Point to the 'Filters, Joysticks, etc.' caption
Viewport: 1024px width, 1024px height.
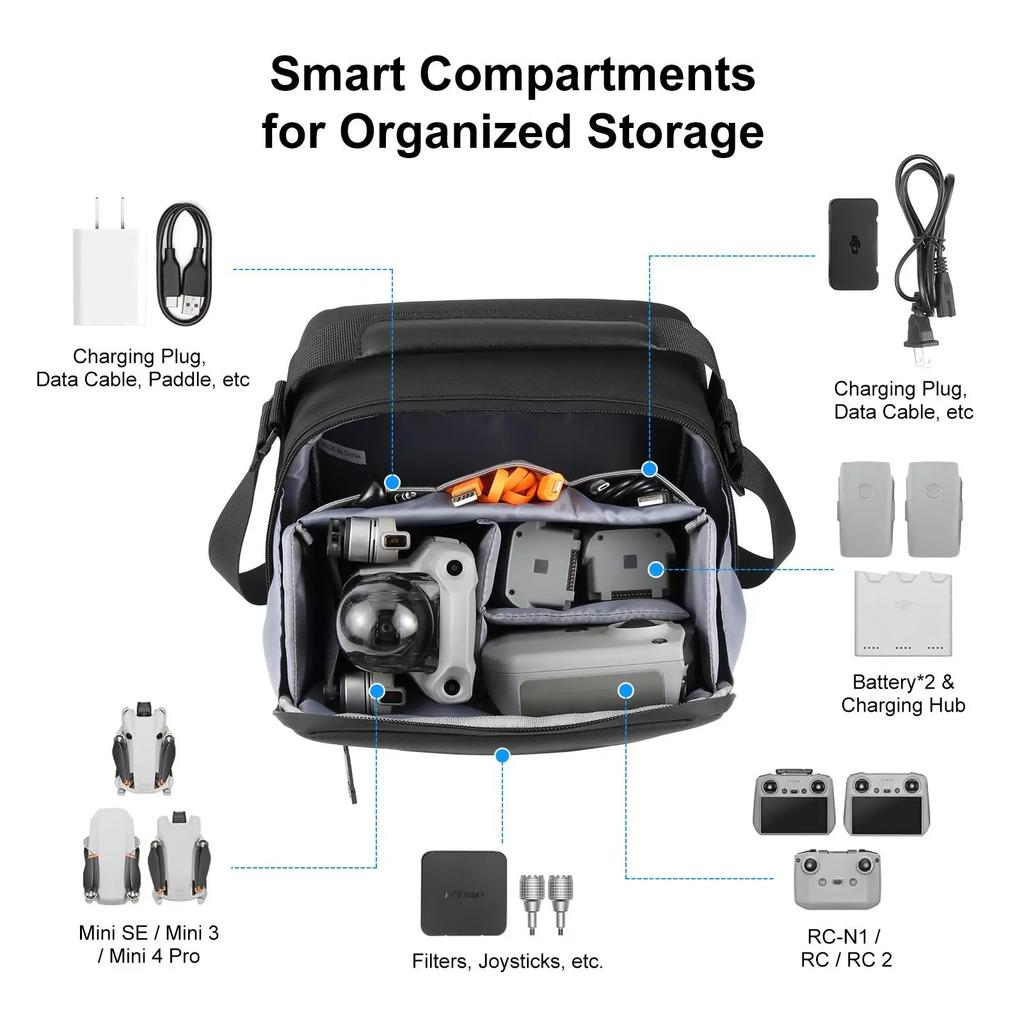pyautogui.click(x=508, y=961)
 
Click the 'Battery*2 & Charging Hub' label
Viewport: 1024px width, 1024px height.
pyautogui.click(x=903, y=693)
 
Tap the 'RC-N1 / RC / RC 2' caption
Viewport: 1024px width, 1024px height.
pyautogui.click(x=846, y=948)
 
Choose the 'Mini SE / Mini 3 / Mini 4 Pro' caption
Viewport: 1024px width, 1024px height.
pyautogui.click(x=149, y=944)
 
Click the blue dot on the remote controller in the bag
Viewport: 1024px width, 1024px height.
pyautogui.click(x=626, y=690)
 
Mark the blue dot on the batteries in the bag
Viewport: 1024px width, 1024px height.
pyautogui.click(x=655, y=569)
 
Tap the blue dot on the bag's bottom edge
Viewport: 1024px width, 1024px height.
pyautogui.click(x=503, y=755)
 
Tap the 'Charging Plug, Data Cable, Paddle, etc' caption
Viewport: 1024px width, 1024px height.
pyautogui.click(x=143, y=368)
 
